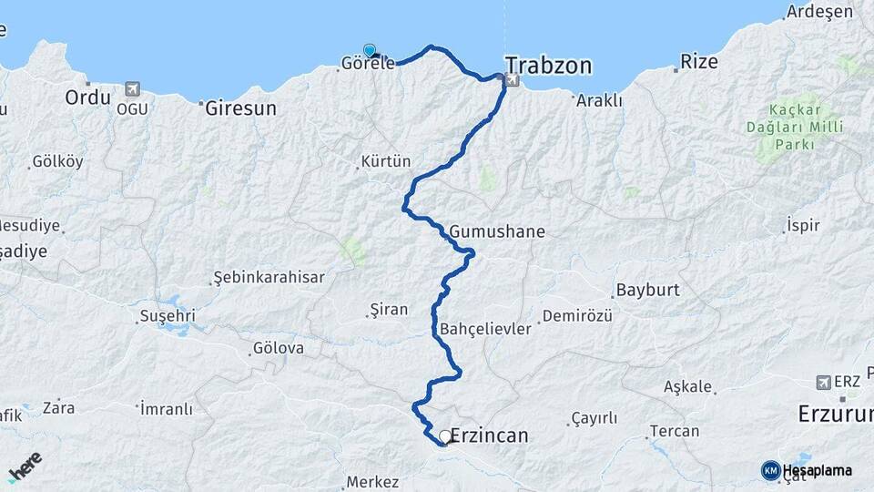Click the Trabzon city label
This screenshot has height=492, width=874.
click(x=548, y=66)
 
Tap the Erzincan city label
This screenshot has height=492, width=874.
click(x=489, y=436)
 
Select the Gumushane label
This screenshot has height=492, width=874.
click(x=497, y=232)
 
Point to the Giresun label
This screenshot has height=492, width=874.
click(x=240, y=108)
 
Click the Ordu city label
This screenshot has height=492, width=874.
click(x=87, y=97)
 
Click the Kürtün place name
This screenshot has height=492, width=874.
click(x=386, y=162)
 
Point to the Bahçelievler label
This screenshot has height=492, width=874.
click(x=484, y=329)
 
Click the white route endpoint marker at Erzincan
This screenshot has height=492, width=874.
click(x=445, y=437)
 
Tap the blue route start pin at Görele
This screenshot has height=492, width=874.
click(x=370, y=51)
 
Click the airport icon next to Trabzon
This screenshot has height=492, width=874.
click(x=512, y=81)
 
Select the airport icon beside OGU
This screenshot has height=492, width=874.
click(x=134, y=89)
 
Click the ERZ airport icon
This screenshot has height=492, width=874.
click(x=825, y=382)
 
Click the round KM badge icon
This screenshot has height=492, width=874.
click(x=770, y=470)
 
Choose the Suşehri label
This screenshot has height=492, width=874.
click(x=167, y=316)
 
